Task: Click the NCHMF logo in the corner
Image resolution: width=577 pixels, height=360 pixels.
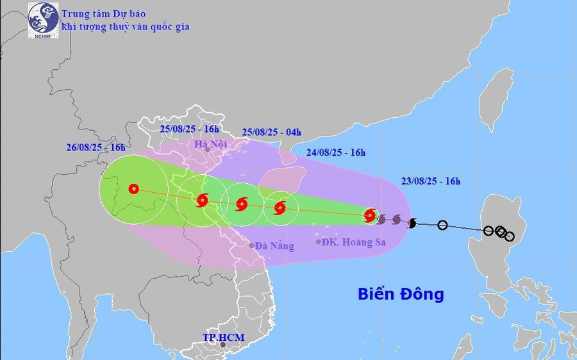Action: [x=43, y=20]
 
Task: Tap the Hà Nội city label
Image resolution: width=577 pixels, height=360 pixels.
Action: [x=211, y=144]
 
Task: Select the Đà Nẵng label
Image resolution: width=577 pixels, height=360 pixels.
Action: [x=274, y=246]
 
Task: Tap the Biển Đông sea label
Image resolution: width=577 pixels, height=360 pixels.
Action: [x=401, y=294]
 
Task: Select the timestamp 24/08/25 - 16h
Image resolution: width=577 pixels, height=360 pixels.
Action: [x=336, y=152]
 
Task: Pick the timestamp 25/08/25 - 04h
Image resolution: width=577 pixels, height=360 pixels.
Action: [x=271, y=132]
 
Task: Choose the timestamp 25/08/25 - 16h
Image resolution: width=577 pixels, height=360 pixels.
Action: [x=190, y=128]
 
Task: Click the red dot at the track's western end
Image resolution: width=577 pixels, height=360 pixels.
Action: [x=133, y=189]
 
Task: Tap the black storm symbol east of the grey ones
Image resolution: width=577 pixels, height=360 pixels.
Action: [x=412, y=223]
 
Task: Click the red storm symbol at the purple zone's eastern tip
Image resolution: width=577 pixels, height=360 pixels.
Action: [x=370, y=216]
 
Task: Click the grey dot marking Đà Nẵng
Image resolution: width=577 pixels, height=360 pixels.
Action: [x=251, y=245]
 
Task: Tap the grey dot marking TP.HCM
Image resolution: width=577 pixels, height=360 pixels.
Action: [x=222, y=345]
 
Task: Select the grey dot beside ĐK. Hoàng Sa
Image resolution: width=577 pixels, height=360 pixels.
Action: [x=318, y=241]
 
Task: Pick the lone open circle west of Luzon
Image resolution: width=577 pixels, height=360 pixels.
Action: [x=442, y=225]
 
